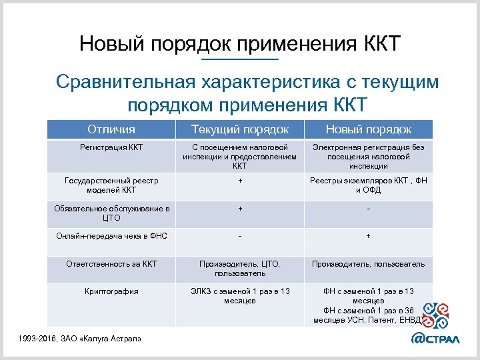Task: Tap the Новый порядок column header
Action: (368, 129)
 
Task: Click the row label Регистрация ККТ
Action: (111, 147)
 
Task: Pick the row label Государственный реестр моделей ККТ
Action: (111, 185)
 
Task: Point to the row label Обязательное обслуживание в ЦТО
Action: (111, 213)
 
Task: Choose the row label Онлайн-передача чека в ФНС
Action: (111, 235)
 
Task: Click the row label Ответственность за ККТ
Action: (111, 263)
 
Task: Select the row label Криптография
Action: (111, 291)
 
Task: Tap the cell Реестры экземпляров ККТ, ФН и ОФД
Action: (368, 185)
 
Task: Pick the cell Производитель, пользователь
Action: (368, 263)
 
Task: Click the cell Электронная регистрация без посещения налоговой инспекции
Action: (368, 156)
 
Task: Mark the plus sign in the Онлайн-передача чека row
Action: (368, 236)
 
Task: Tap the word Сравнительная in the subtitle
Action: (124, 83)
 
